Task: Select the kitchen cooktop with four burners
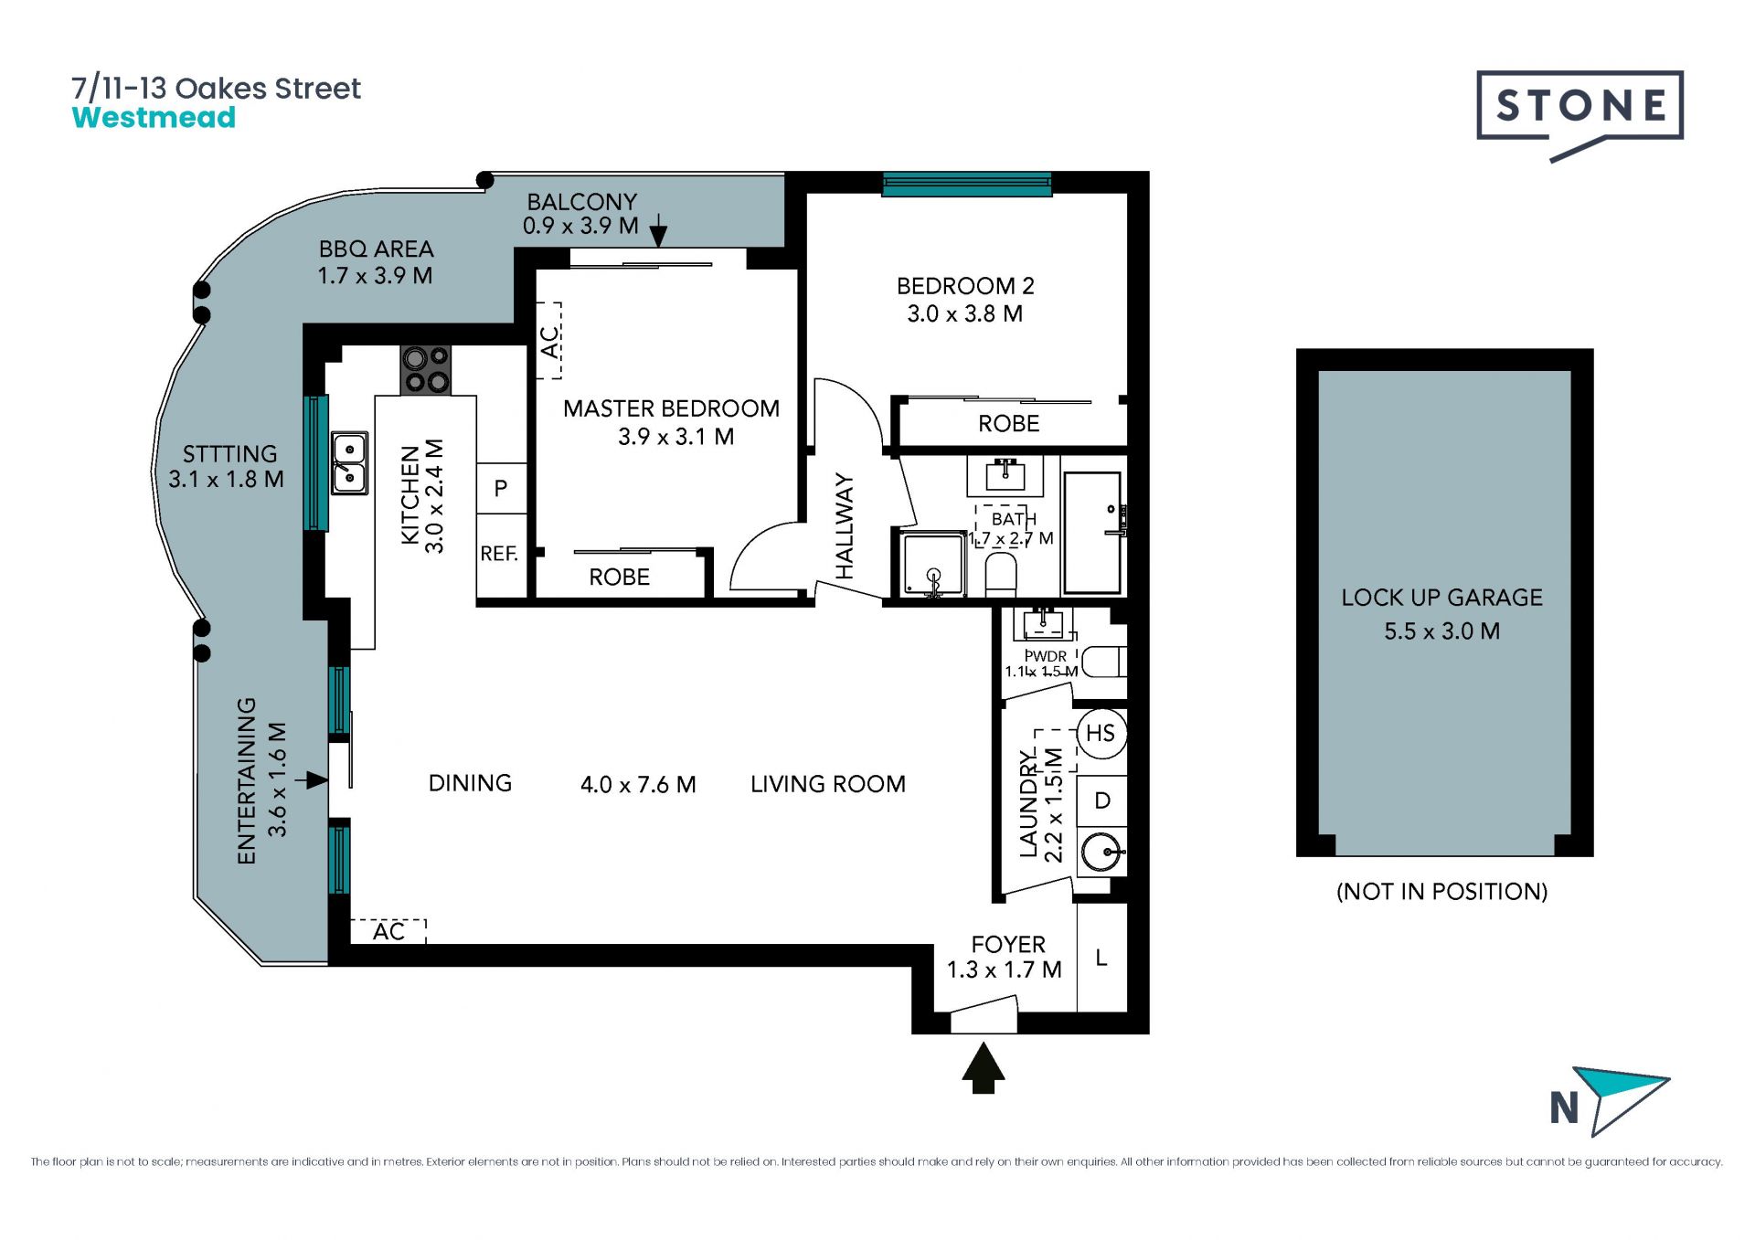point(425,370)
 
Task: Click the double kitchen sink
point(349,463)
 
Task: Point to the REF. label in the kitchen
point(499,554)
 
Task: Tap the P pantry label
point(501,489)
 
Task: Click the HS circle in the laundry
point(1101,733)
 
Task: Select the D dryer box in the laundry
point(1101,801)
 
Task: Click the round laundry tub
point(1101,853)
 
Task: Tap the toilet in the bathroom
point(1002,574)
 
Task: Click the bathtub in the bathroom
point(1093,533)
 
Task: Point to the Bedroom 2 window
point(966,185)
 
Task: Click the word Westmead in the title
point(154,118)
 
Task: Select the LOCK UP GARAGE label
point(1441,598)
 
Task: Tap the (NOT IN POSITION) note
point(1441,892)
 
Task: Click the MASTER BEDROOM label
point(671,408)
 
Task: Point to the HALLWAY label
point(845,526)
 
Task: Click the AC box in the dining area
point(388,931)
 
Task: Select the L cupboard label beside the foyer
point(1101,958)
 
